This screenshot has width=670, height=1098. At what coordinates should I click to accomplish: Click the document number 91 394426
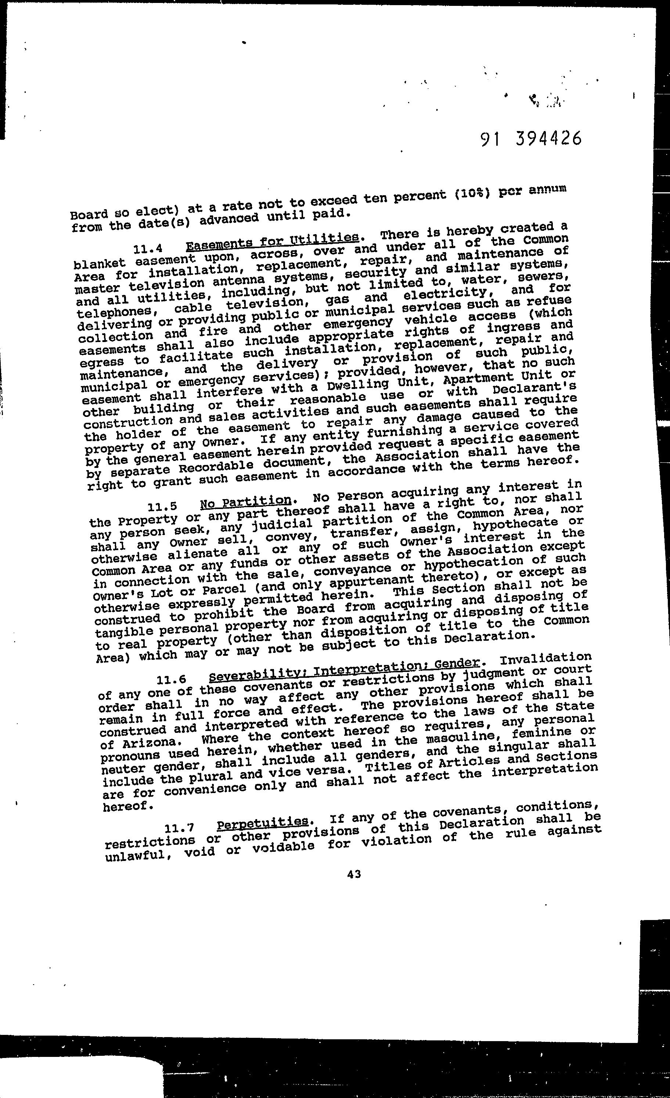point(531,139)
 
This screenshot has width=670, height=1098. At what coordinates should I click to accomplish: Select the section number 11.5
point(162,507)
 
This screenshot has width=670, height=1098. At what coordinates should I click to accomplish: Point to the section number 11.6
point(171,680)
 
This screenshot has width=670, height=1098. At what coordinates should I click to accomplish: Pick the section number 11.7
point(179,829)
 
